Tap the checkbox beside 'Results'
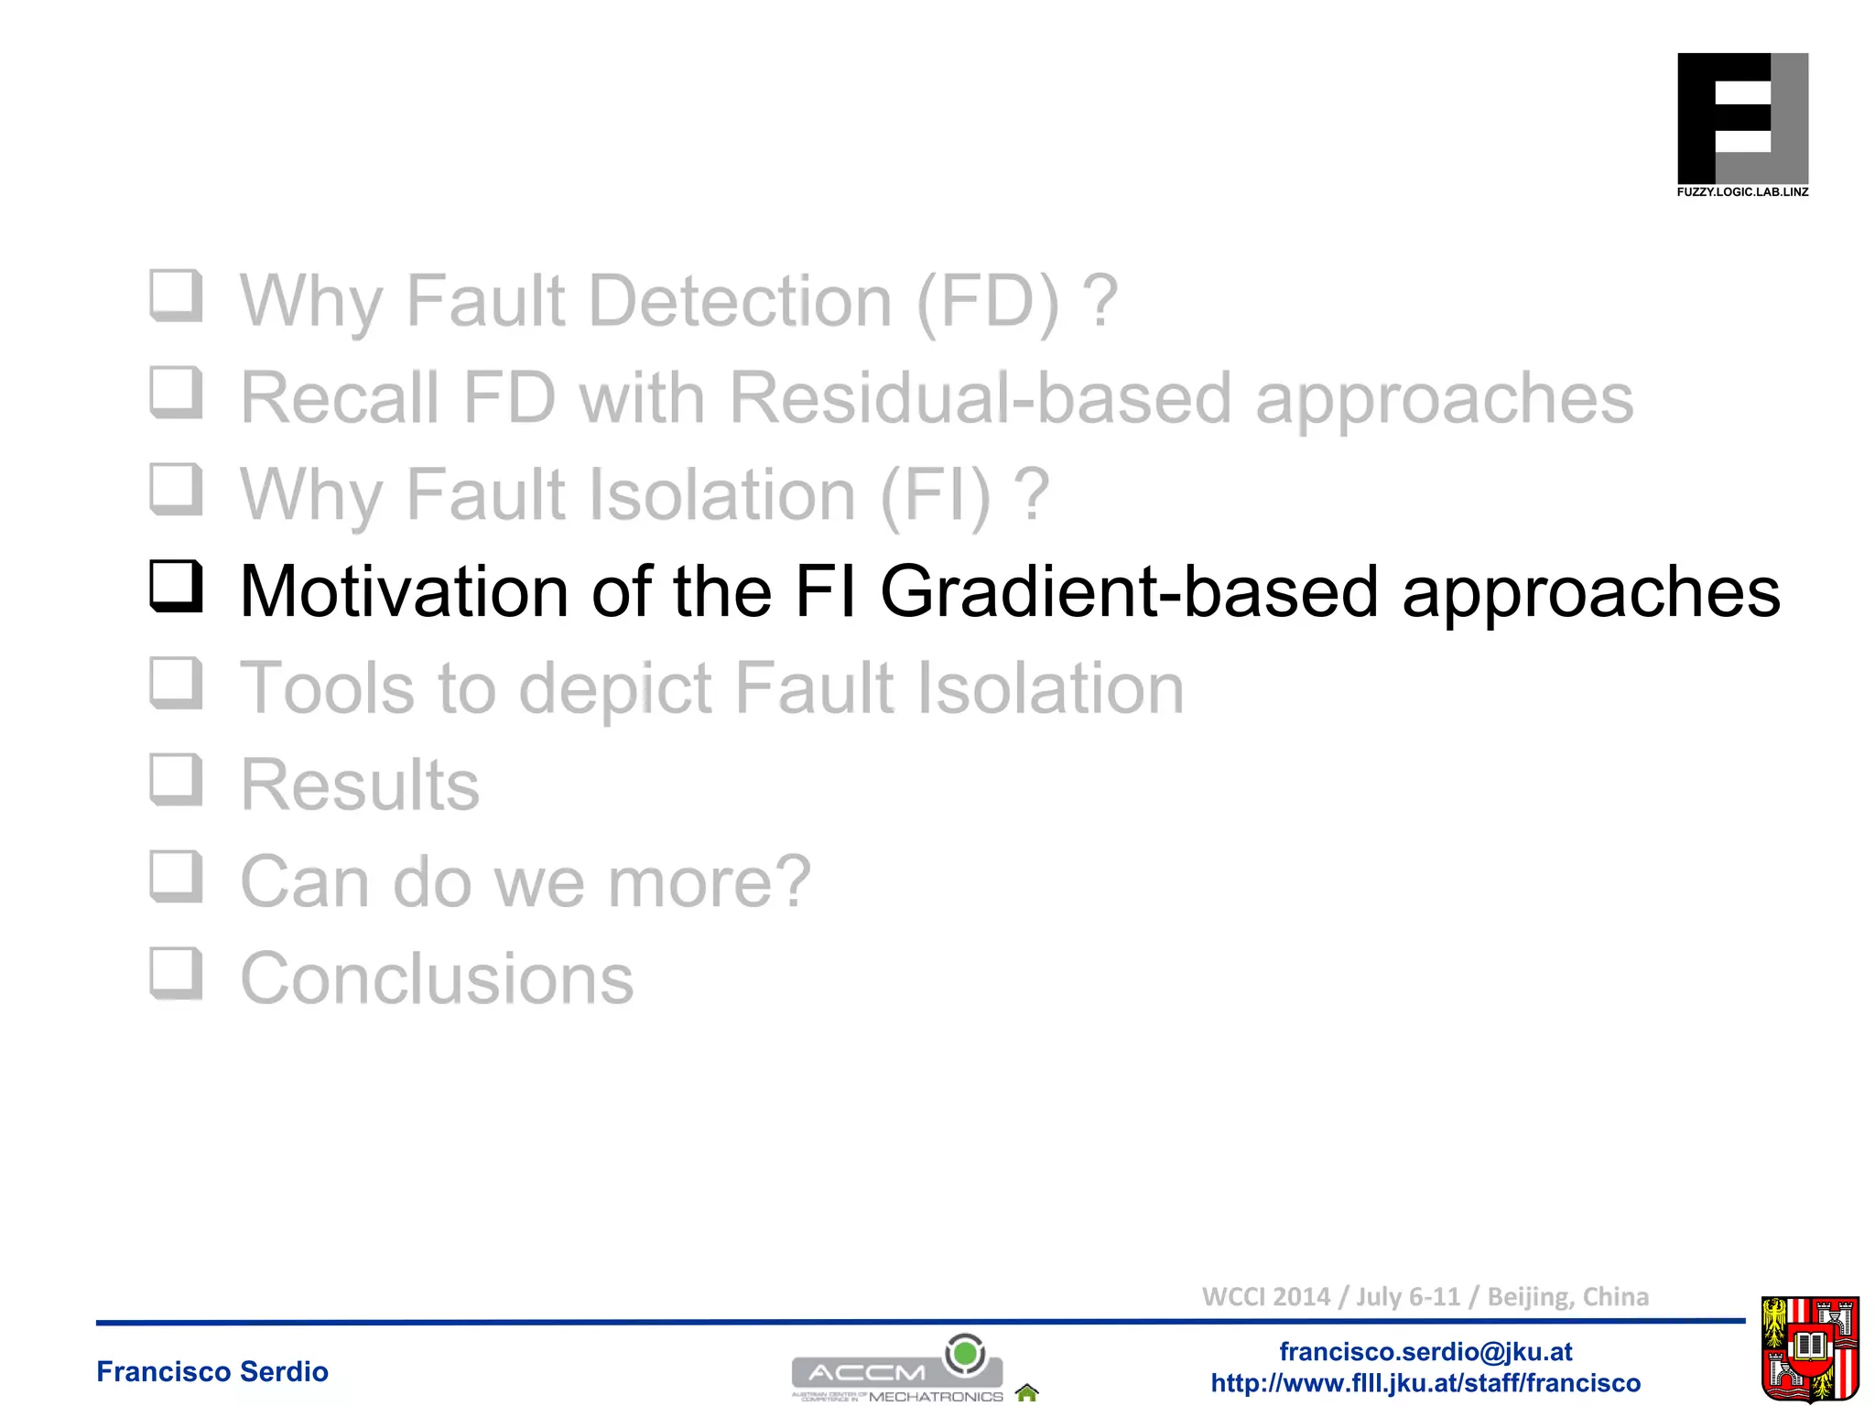pos(175,779)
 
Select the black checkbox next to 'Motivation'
pos(175,586)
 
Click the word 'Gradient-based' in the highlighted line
pos(1128,591)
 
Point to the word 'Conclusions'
pos(437,979)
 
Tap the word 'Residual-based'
pos(980,398)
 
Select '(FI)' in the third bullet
pos(935,494)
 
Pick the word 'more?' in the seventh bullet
pos(709,881)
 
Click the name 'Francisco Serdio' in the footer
pos(212,1371)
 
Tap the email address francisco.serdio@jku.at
pos(1425,1351)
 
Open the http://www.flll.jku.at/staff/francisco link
pos(1425,1382)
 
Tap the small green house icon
pos(1027,1392)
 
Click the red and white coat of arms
pos(1809,1349)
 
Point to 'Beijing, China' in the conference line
pos(1567,1296)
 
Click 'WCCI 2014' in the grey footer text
pos(1265,1296)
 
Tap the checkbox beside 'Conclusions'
pos(175,972)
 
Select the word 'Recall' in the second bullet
pos(340,398)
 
